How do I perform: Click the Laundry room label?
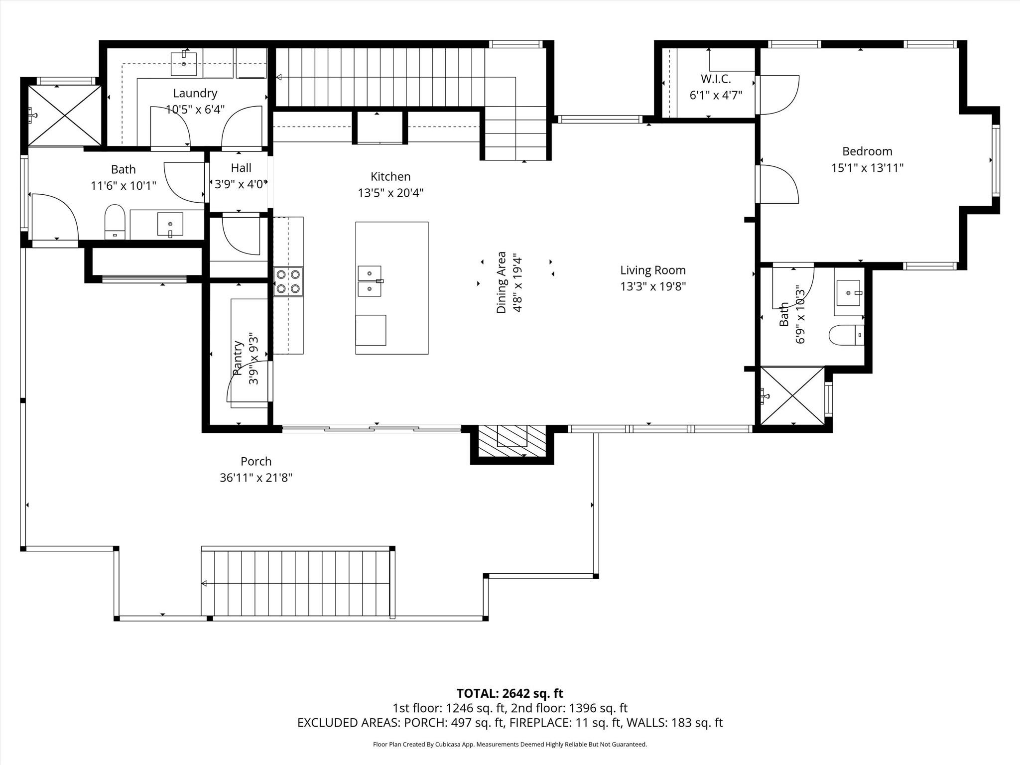(195, 93)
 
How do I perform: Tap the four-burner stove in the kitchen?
(288, 281)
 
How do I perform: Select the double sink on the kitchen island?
(370, 281)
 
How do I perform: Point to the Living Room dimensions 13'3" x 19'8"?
(653, 286)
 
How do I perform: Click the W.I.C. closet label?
(716, 79)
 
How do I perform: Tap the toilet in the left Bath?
(115, 222)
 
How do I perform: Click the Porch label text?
(256, 461)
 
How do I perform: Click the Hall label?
(241, 168)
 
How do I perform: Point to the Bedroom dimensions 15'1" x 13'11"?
(867, 168)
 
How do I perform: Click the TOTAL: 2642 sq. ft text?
(510, 693)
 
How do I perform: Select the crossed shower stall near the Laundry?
(64, 116)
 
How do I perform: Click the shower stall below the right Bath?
(792, 396)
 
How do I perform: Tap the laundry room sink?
(184, 63)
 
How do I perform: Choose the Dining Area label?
(501, 282)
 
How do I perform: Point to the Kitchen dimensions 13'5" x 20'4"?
(390, 193)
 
